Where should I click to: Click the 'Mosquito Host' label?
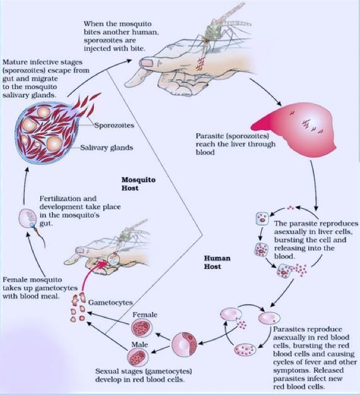coord(138,184)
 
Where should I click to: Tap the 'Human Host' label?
coord(217,262)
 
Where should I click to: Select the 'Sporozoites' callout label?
coord(114,125)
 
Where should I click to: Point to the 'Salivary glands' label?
coord(107,148)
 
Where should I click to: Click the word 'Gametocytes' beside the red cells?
coord(110,302)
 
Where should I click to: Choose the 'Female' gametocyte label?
coord(145,315)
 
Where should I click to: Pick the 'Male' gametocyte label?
coord(139,345)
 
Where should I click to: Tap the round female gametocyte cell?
coord(142,328)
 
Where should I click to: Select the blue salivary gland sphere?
coord(46,133)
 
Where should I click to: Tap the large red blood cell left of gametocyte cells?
coord(184,345)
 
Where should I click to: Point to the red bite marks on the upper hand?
coord(200,64)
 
